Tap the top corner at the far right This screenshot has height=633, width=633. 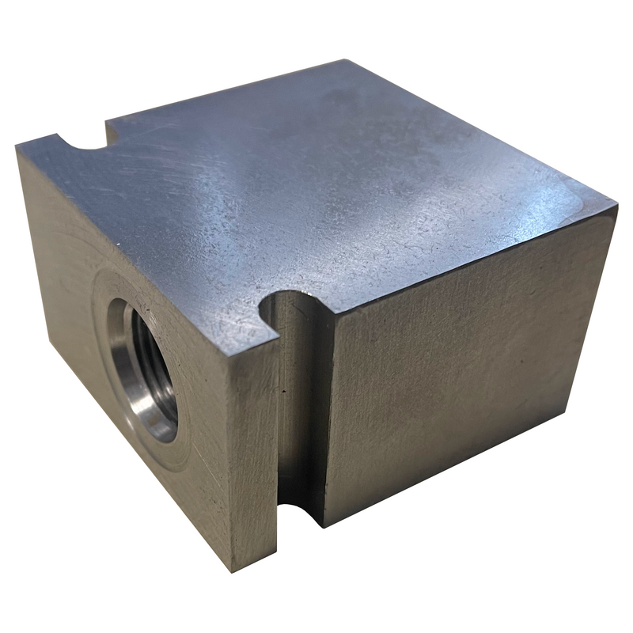click(616, 207)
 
